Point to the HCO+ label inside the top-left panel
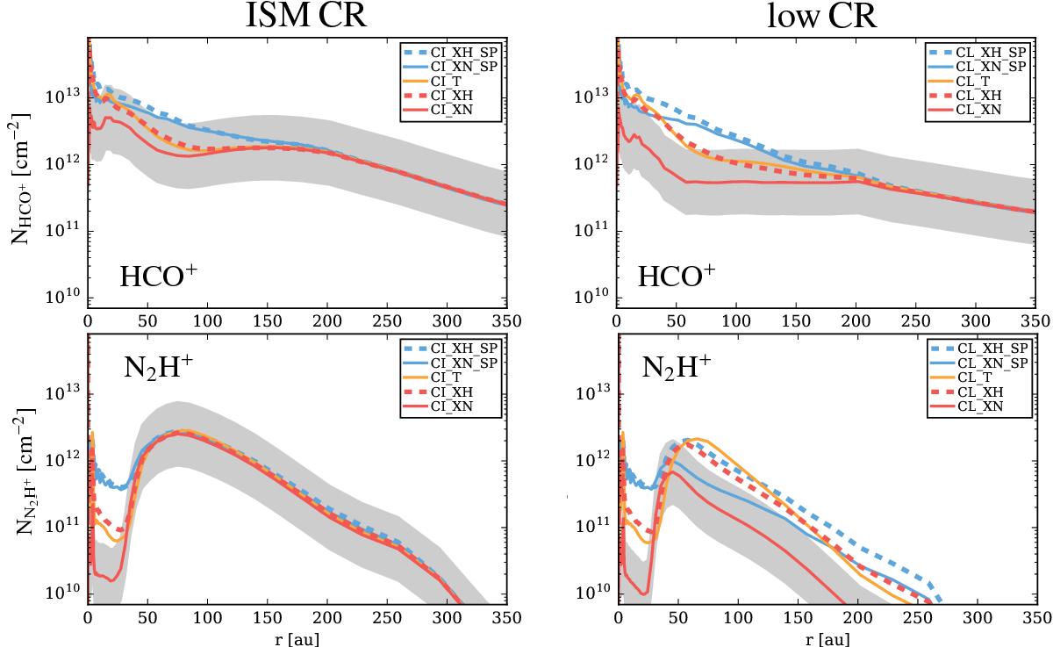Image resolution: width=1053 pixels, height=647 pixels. (x=158, y=277)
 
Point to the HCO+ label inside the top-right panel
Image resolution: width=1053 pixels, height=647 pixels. (x=677, y=277)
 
